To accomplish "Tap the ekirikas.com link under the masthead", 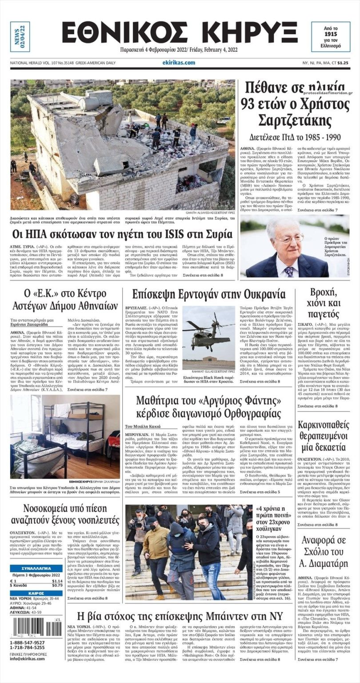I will pos(179,63).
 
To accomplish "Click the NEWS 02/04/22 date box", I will pos(20,37).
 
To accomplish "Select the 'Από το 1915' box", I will pos(330,37).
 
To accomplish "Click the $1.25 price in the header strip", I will pos(342,63).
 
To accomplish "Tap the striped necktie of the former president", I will pos(289,271).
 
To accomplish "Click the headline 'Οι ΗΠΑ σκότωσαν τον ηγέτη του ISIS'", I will pos(122,234).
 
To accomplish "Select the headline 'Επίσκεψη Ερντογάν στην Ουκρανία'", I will pos(202,294).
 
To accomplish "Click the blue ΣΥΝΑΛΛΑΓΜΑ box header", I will pos(36,569).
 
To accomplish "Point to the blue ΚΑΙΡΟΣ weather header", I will pos(36,593).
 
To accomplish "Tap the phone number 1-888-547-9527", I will pos(27,643).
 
